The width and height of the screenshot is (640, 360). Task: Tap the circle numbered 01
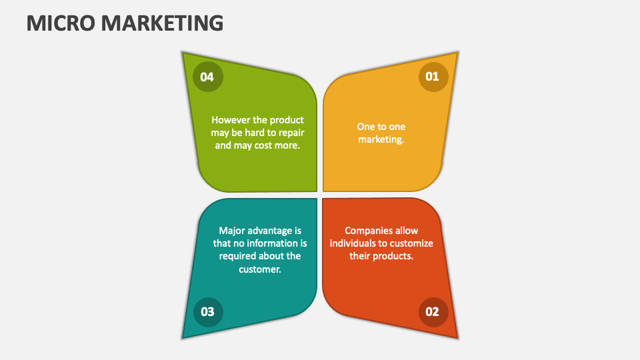coord(433,77)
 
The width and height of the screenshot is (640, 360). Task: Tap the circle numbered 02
coord(433,311)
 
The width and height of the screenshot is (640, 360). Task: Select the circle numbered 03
coord(207,311)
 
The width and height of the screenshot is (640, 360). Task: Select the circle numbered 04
coord(207,77)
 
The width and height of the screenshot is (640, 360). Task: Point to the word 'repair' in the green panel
coord(289,133)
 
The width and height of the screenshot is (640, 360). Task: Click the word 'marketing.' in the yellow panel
coord(381,139)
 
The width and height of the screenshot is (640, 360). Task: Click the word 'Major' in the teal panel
coord(232,231)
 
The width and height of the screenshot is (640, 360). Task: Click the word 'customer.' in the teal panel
coord(260,269)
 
